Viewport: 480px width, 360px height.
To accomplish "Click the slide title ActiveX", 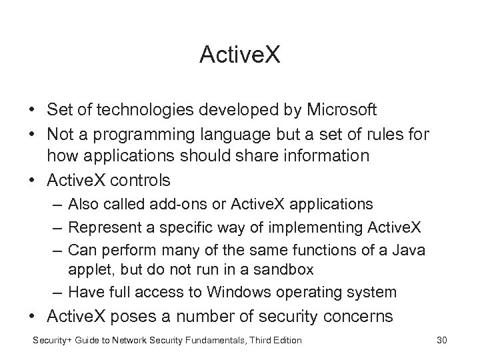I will click(240, 55).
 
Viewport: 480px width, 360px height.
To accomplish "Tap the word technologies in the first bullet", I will click(153, 109).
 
